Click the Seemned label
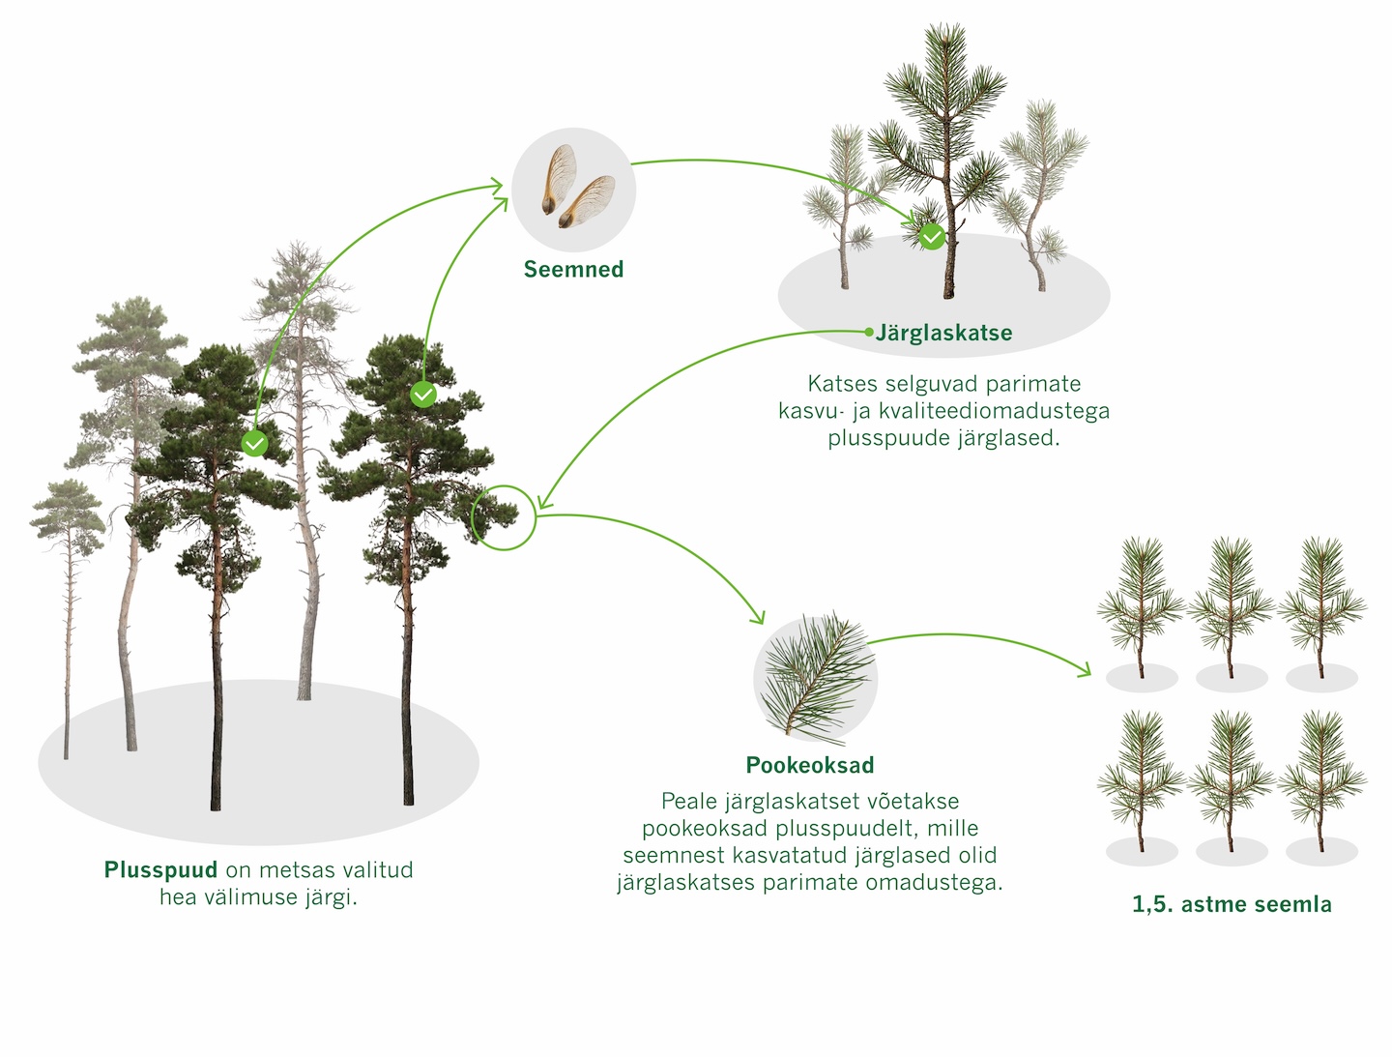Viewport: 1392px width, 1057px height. tap(573, 270)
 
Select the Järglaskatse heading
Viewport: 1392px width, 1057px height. tap(944, 334)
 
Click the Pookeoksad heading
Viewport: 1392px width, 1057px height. tap(810, 766)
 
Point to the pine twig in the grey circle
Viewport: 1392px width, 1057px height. tap(815, 677)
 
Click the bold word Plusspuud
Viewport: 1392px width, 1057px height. tap(160, 870)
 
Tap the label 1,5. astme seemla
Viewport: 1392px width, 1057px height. tap(1232, 905)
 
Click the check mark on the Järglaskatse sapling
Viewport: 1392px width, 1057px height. tap(932, 236)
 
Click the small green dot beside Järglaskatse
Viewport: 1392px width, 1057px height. tap(869, 332)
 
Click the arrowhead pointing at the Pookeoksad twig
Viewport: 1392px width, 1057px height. tap(760, 619)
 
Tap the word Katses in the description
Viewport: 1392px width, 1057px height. tap(838, 384)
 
